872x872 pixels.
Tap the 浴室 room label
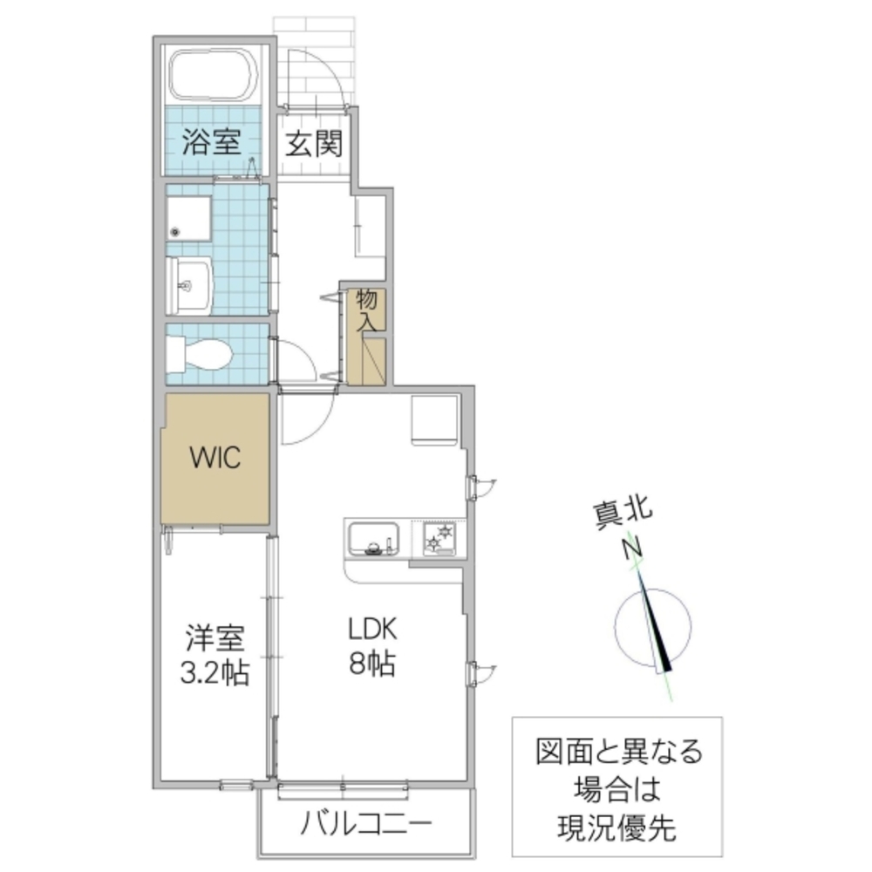pyautogui.click(x=212, y=142)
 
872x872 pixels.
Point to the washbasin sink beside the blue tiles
pyautogui.click(x=188, y=284)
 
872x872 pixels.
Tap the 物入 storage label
pyautogui.click(x=367, y=310)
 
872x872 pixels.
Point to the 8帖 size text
pyautogui.click(x=373, y=664)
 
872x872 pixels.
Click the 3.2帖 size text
pyautogui.click(x=215, y=672)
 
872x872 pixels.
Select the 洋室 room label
pyautogui.click(x=215, y=637)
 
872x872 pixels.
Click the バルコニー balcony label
pyautogui.click(x=367, y=822)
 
